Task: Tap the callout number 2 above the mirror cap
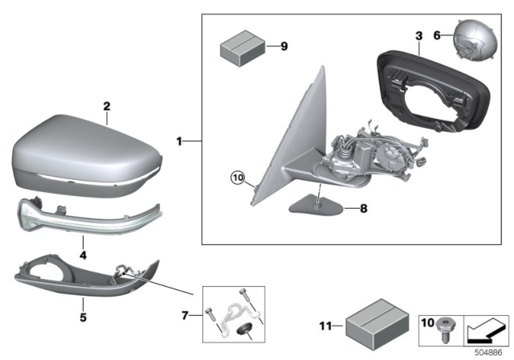click(x=105, y=106)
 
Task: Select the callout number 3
click(x=418, y=36)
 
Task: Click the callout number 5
click(x=84, y=304)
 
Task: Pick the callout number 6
click(x=438, y=36)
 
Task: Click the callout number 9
click(x=283, y=47)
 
